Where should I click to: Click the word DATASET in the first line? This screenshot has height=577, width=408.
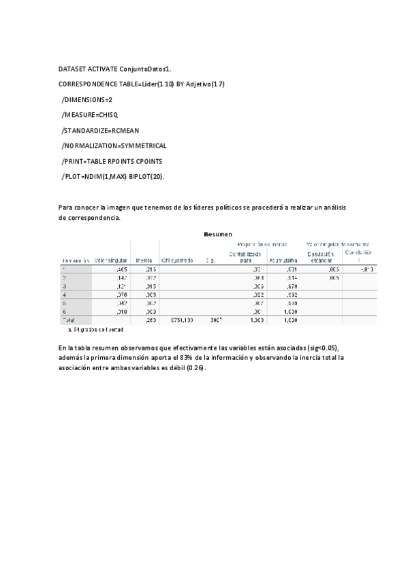click(x=73, y=69)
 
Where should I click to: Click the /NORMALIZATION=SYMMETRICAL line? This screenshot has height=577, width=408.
click(x=114, y=146)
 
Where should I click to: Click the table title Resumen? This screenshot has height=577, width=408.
click(x=218, y=234)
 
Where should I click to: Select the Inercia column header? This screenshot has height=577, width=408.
click(x=144, y=260)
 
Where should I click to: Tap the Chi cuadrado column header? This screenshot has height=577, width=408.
click(x=177, y=260)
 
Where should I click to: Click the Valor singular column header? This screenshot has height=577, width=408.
click(x=110, y=260)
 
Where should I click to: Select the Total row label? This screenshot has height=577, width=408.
click(x=69, y=319)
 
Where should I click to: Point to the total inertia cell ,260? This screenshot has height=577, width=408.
click(x=151, y=319)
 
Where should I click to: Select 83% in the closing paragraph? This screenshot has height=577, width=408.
click(x=187, y=357)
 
